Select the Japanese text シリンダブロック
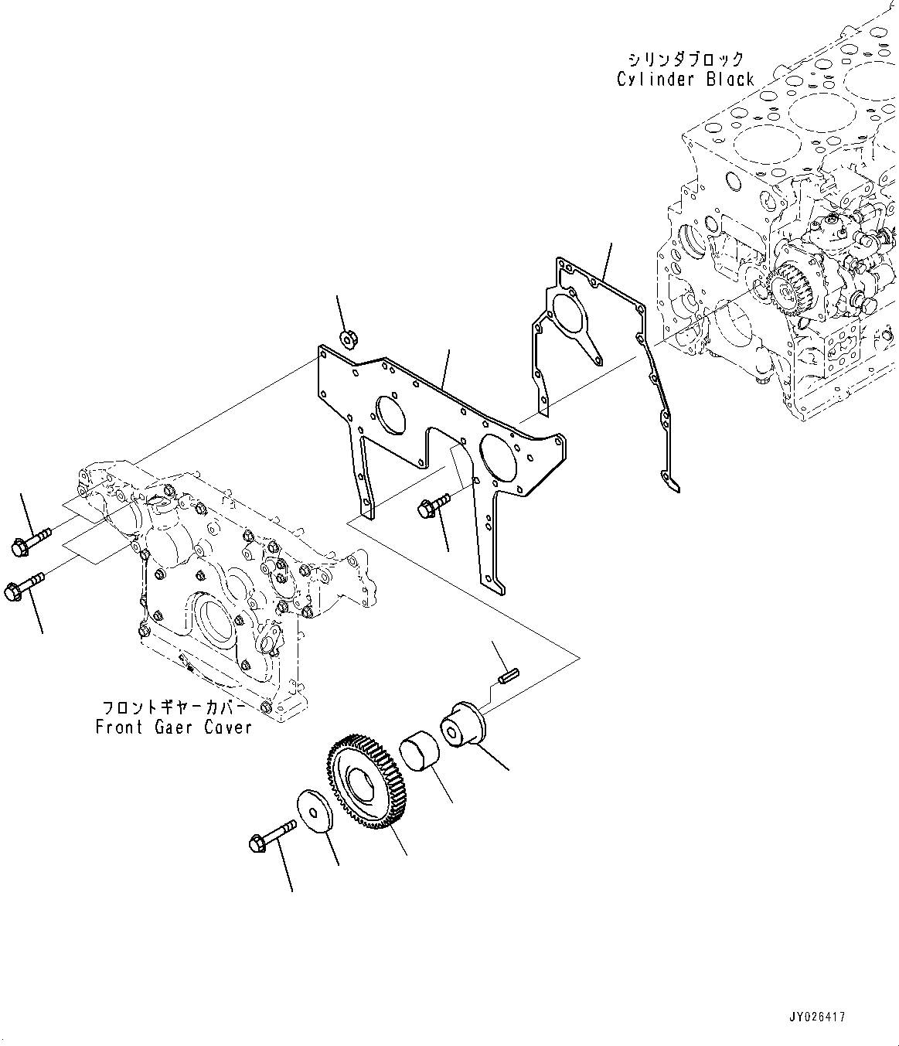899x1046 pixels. click(x=685, y=60)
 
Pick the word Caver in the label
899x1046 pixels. click(x=229, y=727)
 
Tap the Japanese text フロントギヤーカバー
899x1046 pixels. click(x=175, y=707)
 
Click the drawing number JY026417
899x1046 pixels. click(x=818, y=1017)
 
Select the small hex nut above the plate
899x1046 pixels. click(x=347, y=337)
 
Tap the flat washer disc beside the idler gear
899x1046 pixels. click(x=315, y=812)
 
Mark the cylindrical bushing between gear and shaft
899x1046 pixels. click(x=420, y=750)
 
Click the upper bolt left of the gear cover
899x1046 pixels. click(x=30, y=542)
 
